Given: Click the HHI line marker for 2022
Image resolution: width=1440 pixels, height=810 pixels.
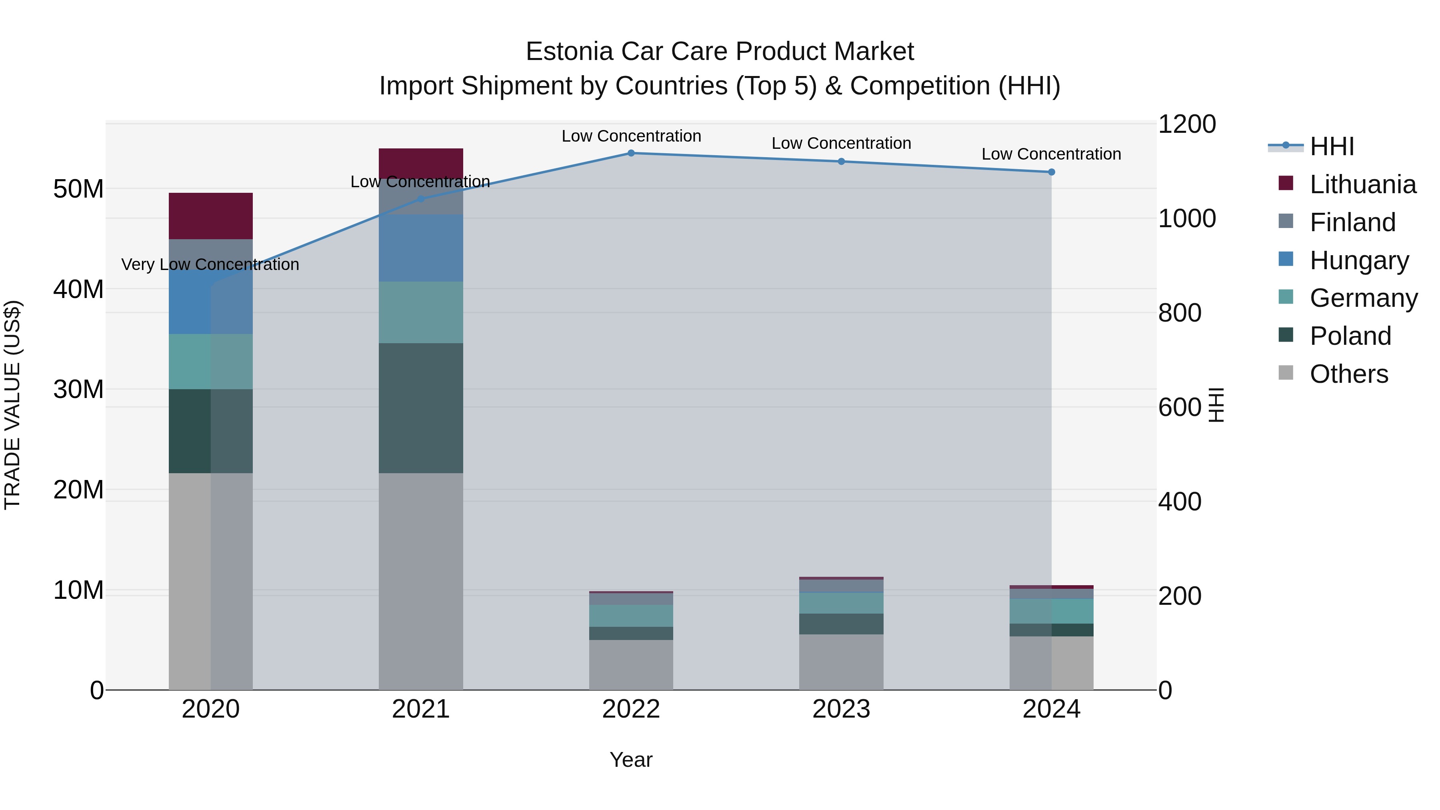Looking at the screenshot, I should pyautogui.click(x=631, y=153).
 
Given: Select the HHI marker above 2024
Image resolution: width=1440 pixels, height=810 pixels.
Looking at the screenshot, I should pyautogui.click(x=1052, y=172).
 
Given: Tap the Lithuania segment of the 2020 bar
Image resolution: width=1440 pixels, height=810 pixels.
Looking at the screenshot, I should pyautogui.click(x=211, y=216).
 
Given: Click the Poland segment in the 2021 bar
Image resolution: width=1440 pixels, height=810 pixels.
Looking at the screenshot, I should pyautogui.click(x=421, y=408).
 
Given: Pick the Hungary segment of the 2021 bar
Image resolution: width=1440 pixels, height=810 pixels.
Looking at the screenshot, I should pyautogui.click(x=421, y=248).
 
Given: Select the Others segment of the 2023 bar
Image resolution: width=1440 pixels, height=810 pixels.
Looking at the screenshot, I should pyautogui.click(x=841, y=662).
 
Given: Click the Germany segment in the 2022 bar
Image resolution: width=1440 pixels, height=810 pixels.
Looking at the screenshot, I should pyautogui.click(x=631, y=616).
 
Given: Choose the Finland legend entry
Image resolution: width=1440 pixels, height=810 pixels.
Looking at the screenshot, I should pyautogui.click(x=1353, y=222).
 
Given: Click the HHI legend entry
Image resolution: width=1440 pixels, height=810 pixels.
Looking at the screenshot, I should pyautogui.click(x=1332, y=146).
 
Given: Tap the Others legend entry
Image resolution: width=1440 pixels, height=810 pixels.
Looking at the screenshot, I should pyautogui.click(x=1348, y=374).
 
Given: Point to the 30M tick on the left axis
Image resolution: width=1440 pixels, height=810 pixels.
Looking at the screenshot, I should pyautogui.click(x=78, y=390).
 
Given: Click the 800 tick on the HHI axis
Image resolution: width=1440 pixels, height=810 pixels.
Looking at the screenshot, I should pyautogui.click(x=1180, y=313).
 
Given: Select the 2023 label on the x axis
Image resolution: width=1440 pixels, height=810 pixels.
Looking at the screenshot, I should pyautogui.click(x=841, y=709).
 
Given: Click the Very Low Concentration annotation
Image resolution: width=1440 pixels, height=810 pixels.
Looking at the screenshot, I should pyautogui.click(x=210, y=264).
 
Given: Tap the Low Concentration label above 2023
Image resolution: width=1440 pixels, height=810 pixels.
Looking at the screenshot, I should pyautogui.click(x=841, y=144).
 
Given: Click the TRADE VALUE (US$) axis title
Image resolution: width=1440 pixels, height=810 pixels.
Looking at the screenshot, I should pyautogui.click(x=13, y=405).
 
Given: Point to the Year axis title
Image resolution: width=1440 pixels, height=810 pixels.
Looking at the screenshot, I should pyautogui.click(x=631, y=760).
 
